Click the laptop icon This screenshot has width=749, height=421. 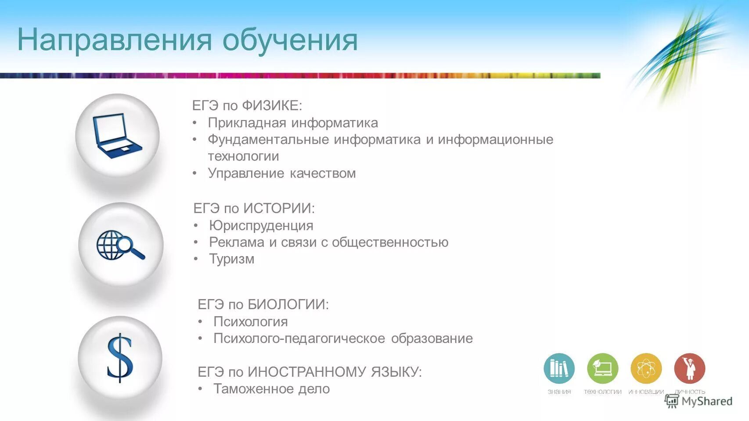117,136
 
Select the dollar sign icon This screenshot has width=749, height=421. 119,357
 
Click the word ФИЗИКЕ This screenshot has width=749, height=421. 272,106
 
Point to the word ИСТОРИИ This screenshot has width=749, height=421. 279,208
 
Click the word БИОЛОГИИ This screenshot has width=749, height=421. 288,304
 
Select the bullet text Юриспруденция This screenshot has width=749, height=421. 261,225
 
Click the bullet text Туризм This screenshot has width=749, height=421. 231,259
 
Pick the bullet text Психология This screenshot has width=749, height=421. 250,321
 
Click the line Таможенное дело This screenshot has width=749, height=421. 271,389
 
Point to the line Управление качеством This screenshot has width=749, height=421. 281,173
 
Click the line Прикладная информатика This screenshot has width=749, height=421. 292,123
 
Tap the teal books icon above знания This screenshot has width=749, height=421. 559,368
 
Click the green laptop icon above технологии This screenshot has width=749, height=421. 602,368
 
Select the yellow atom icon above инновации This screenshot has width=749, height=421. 646,368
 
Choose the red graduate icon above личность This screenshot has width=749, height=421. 689,368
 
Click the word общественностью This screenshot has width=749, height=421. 390,242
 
